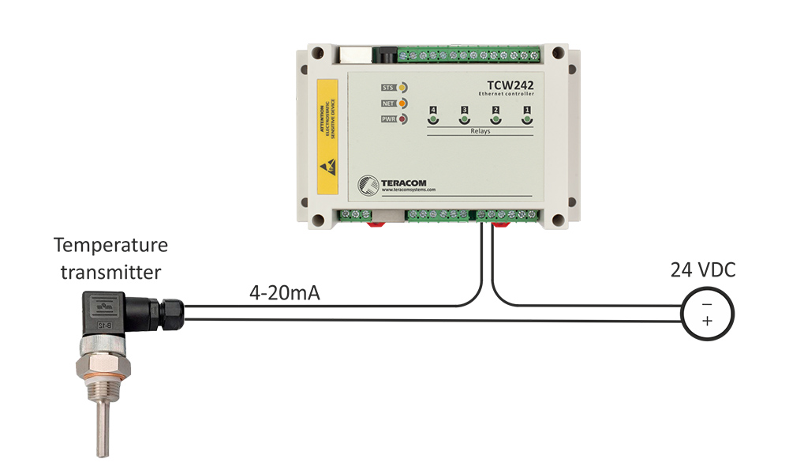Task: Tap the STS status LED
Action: click(402, 87)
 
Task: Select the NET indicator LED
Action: click(402, 103)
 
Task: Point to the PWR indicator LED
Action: click(402, 119)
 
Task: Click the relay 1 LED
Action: click(527, 120)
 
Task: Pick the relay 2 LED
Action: click(495, 120)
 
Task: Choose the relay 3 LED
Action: click(464, 120)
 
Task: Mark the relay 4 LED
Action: click(432, 120)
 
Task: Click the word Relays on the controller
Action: click(478, 131)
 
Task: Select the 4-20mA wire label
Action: click(279, 293)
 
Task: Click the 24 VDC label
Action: click(703, 271)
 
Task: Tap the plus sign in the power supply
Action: click(706, 321)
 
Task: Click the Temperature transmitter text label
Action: click(110, 258)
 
